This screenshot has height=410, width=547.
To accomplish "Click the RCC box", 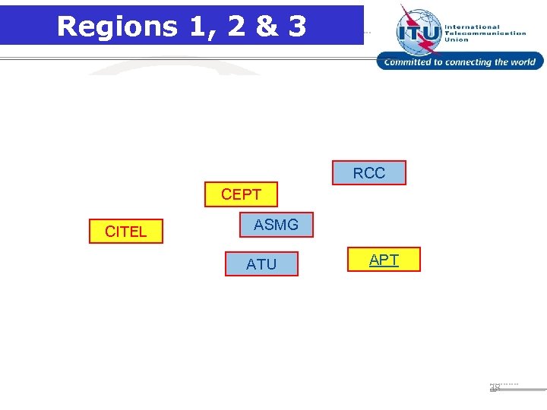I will (369, 173).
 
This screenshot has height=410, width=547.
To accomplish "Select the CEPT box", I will (241, 194).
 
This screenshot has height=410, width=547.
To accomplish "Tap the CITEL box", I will (125, 232).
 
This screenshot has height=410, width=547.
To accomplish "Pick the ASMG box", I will (276, 225).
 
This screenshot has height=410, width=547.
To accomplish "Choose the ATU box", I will (261, 264).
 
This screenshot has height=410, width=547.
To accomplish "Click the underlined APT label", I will (384, 260).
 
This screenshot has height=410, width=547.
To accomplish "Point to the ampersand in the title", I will (266, 26).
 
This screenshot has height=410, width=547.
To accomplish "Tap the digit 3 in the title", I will (296, 26).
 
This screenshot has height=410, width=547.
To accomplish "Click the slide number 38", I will (495, 387).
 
